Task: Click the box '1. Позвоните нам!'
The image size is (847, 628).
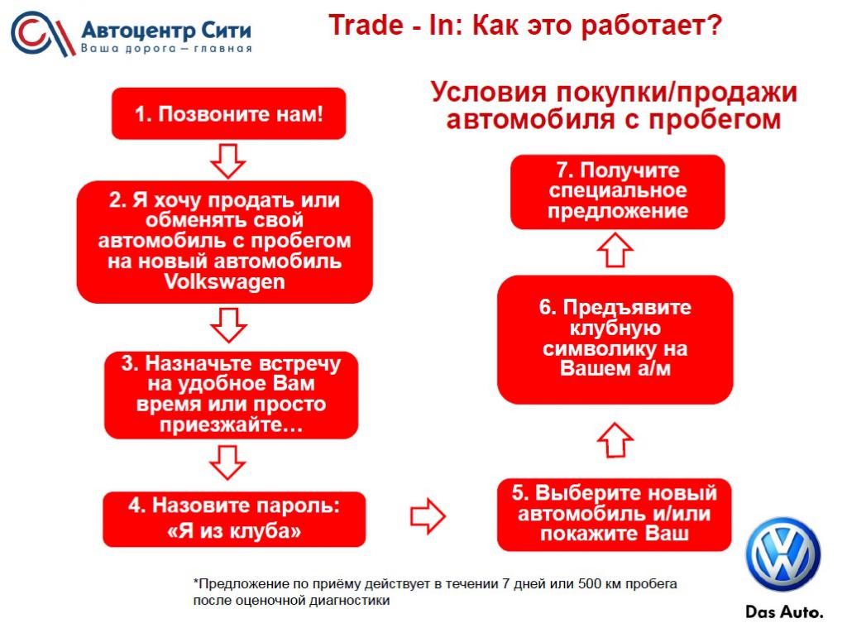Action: tap(228, 113)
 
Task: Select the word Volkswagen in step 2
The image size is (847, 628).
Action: tap(224, 281)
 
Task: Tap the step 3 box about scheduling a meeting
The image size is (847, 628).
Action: tap(232, 395)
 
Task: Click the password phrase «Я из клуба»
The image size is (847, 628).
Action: tap(234, 530)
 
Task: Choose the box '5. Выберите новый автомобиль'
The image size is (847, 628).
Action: tap(615, 514)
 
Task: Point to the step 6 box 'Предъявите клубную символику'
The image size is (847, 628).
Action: tap(615, 339)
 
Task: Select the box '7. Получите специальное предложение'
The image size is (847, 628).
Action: tap(617, 191)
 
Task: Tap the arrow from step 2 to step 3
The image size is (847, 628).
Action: tap(228, 325)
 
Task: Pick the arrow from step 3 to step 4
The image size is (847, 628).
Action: tap(227, 463)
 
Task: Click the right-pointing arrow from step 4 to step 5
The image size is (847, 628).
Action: tap(428, 515)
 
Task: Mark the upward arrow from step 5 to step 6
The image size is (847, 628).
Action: tap(615, 439)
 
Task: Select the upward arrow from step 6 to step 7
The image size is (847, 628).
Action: tap(615, 250)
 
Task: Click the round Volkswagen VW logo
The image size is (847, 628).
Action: tap(782, 554)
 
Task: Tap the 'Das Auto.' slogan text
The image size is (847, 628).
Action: tap(784, 611)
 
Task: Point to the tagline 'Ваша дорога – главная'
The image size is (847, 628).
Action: tap(166, 49)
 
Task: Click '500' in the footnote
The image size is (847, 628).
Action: tap(589, 583)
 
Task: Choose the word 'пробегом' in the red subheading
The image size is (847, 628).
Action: tap(715, 119)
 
